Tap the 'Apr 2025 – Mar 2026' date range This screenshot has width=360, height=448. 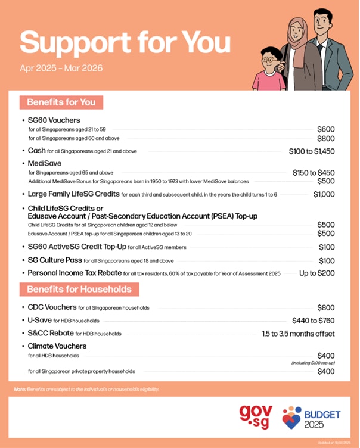tap(62, 67)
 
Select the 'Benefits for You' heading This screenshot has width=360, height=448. tap(61, 102)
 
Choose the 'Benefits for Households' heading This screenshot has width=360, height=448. tap(79, 290)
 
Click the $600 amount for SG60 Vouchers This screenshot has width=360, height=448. tap(326, 129)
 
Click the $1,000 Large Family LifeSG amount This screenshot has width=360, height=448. tap(324, 194)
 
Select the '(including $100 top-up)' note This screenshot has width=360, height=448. tap(313, 363)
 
